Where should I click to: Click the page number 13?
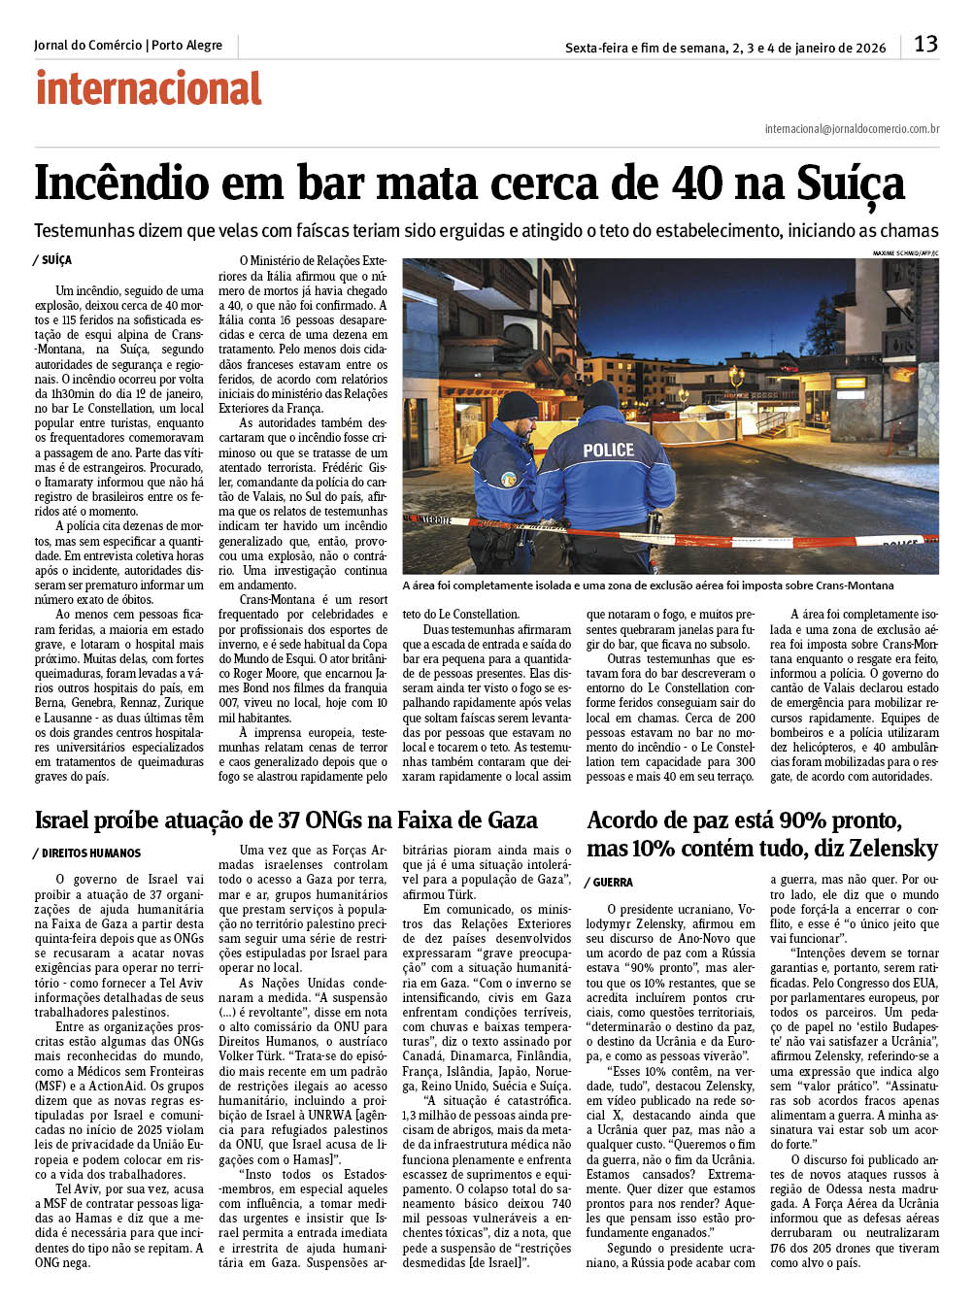925,44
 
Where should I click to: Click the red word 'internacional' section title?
149,88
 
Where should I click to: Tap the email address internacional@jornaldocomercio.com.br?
852,128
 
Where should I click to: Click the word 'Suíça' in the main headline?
851,184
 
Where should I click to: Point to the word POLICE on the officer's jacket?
608,451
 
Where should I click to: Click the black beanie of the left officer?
517,406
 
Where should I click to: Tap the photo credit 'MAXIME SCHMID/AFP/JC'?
905,253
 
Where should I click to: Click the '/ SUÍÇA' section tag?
52,260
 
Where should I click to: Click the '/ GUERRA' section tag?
609,883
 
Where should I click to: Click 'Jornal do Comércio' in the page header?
87,46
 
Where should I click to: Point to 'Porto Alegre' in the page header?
186,46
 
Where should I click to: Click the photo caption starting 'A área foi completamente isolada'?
648,586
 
